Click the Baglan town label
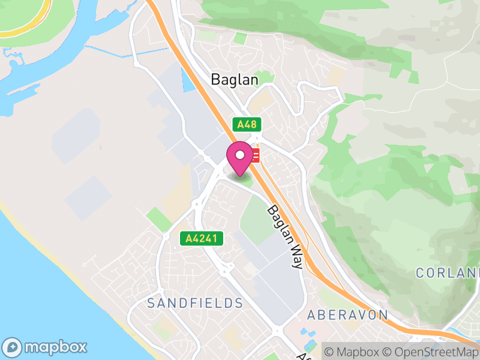[234, 79]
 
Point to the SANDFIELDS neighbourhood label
[195, 303]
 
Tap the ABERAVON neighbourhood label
[347, 315]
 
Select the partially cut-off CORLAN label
[448, 272]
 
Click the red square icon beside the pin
[256, 156]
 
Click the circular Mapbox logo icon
[13, 347]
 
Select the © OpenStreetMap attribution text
[431, 352]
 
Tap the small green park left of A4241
[158, 220]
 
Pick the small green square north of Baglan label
[240, 39]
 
